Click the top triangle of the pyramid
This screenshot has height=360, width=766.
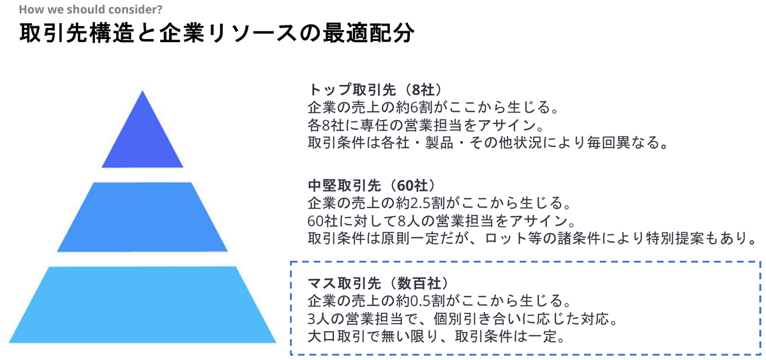point(142,137)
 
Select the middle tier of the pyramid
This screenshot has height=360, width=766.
point(142,217)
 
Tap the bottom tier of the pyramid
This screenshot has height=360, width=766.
point(142,304)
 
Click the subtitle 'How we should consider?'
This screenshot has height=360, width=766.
point(91,9)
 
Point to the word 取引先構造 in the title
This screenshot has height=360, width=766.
point(77,33)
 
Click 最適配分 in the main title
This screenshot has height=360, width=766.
point(368,33)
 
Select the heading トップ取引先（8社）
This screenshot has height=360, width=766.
point(375,89)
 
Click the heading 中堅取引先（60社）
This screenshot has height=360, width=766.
point(372,185)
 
